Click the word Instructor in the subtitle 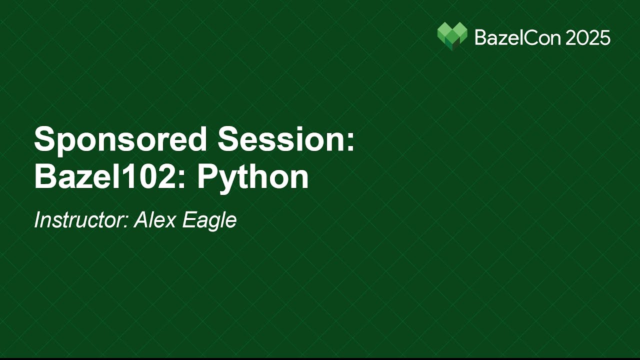[79, 220]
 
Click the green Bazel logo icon [452, 36]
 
